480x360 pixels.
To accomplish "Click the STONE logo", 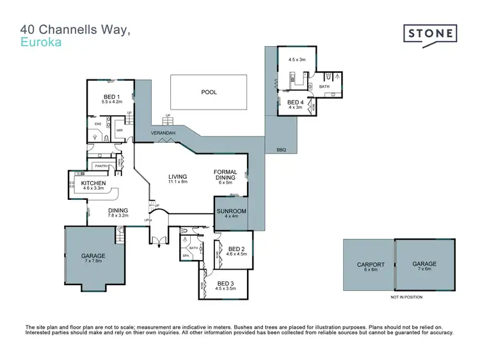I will tap(429, 33).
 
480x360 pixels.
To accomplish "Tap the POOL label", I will tap(209, 92).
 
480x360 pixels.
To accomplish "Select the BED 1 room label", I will tap(111, 97).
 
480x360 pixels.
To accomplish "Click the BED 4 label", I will tap(294, 102).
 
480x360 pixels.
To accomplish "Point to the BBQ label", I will tap(281, 150).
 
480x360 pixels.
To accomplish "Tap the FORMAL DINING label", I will tap(225, 175).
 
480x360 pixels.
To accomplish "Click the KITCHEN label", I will tap(93, 183).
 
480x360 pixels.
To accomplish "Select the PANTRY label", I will tap(100, 167).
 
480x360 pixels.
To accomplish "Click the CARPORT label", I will tap(371, 265).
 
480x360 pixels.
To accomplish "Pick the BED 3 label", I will tap(226, 283).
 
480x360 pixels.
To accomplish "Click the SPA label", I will tap(187, 256).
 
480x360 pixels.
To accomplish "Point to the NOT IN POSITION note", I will tap(406, 298).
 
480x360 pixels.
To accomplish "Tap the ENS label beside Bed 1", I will tap(97, 124).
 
